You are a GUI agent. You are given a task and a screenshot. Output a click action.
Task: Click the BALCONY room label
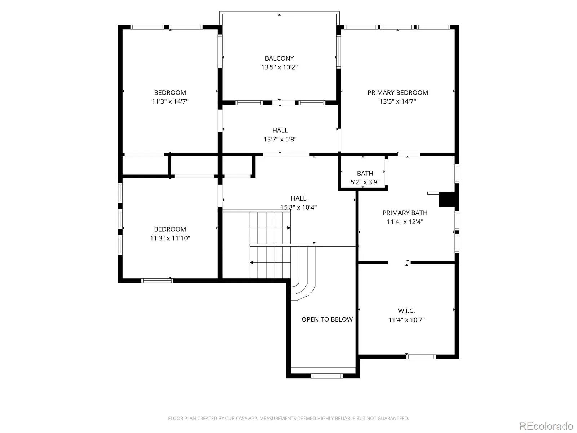click(279, 58)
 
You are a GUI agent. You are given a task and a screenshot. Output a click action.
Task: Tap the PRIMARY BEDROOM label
click(397, 92)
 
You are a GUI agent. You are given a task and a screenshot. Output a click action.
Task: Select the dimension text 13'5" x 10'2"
click(279, 67)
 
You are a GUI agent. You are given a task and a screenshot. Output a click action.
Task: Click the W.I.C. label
click(406, 311)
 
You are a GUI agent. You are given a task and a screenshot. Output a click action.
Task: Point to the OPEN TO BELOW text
click(327, 319)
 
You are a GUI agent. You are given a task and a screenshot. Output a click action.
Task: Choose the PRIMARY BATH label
click(405, 213)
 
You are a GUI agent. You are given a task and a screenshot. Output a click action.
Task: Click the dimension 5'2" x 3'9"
click(365, 182)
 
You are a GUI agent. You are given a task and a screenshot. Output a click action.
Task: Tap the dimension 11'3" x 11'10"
click(170, 238)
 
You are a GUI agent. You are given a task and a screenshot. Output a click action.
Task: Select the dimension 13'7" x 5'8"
click(280, 139)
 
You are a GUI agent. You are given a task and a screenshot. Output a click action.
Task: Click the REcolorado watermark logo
click(546, 426)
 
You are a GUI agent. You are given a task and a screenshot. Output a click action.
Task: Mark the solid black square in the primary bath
click(447, 200)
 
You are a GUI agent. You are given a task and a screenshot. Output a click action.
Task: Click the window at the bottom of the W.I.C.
click(421, 357)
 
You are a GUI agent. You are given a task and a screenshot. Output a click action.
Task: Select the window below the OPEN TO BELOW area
click(327, 376)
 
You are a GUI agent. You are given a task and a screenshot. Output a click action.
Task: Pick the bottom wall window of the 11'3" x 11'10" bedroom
click(157, 280)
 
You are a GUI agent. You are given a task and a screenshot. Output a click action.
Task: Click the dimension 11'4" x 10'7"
click(406, 320)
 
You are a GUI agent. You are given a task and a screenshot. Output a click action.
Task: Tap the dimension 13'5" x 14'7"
click(397, 101)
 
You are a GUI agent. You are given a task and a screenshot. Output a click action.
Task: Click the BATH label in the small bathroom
click(365, 174)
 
